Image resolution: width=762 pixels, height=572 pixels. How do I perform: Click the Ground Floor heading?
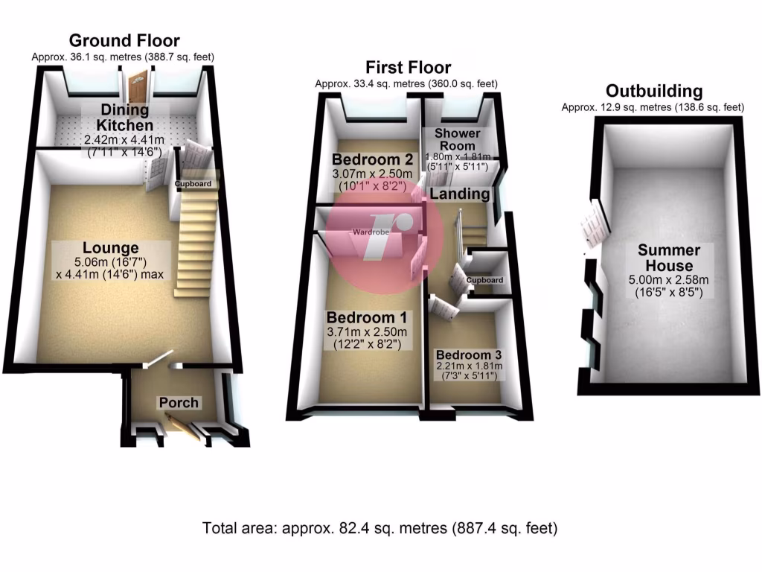point(124,40)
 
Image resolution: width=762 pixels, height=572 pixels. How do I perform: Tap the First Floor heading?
point(409,67)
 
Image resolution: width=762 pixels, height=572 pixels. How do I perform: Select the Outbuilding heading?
point(653,91)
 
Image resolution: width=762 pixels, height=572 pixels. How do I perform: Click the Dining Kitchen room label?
point(124,117)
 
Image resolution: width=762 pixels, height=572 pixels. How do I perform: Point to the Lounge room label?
point(110,248)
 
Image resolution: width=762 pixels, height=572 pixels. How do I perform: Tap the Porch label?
point(179,403)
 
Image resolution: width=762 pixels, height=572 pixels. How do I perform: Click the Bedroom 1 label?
point(367,317)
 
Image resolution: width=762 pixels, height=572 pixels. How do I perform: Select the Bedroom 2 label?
point(372,159)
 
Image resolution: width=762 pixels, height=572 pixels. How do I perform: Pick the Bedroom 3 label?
point(469,355)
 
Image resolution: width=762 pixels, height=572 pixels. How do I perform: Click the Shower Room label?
point(458,139)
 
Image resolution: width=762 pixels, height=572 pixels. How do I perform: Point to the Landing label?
point(460,194)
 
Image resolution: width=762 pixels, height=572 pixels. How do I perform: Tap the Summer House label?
point(669,258)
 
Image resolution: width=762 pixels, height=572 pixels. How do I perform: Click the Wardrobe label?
point(371,232)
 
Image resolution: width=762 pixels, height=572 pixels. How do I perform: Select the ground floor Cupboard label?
point(193,184)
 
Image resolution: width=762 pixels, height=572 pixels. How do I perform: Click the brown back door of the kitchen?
point(138,86)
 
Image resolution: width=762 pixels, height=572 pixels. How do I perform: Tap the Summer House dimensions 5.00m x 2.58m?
point(669,280)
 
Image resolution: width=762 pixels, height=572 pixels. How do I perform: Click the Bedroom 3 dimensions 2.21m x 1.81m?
point(469,366)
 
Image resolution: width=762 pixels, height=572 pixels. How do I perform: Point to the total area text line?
point(380,528)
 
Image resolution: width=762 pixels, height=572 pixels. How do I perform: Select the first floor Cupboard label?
point(484,280)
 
